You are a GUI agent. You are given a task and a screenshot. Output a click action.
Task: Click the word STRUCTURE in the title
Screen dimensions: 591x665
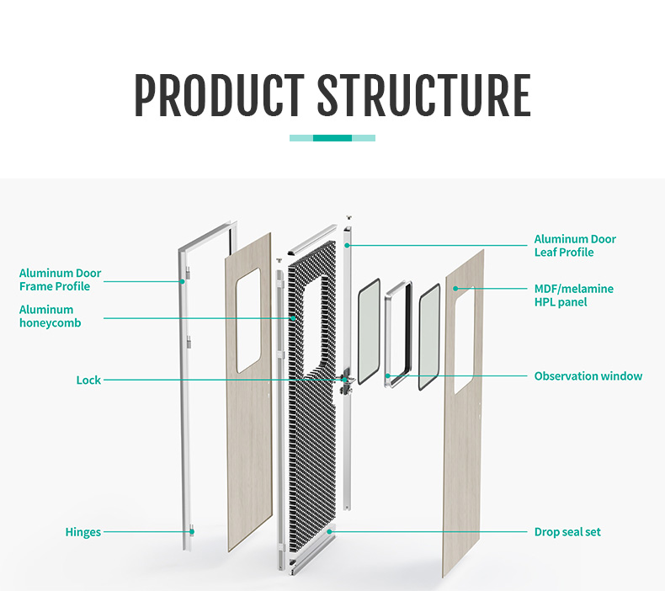(423, 96)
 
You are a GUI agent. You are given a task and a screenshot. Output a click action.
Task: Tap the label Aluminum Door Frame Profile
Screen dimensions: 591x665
(60, 280)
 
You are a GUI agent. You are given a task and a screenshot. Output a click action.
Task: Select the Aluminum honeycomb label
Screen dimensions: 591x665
(50, 316)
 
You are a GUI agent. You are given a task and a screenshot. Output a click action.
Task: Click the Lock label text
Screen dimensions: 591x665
(88, 381)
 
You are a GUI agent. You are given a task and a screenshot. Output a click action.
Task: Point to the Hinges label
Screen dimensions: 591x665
(83, 532)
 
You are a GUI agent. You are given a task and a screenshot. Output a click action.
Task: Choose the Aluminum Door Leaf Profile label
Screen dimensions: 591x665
(575, 246)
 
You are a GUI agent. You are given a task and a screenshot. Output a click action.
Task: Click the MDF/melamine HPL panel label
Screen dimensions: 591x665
(573, 295)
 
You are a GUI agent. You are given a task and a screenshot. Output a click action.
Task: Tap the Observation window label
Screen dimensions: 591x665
(588, 376)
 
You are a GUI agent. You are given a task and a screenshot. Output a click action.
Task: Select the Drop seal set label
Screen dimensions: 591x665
(567, 532)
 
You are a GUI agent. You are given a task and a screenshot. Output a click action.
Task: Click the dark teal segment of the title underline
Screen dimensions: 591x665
(332, 138)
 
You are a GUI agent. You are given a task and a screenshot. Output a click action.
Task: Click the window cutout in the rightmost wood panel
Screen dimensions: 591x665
(464, 340)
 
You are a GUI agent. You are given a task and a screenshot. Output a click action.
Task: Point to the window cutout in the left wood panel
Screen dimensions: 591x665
(248, 322)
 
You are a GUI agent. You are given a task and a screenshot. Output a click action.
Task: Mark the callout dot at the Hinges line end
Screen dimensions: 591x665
(192, 532)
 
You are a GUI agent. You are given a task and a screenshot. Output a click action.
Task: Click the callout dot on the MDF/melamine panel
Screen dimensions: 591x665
(455, 289)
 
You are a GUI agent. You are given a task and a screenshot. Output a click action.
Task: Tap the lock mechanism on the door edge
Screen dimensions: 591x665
(345, 382)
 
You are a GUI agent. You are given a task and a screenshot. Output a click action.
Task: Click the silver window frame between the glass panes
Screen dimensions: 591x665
(396, 336)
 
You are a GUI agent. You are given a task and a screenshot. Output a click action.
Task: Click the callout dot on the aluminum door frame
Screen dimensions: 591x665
(182, 281)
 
